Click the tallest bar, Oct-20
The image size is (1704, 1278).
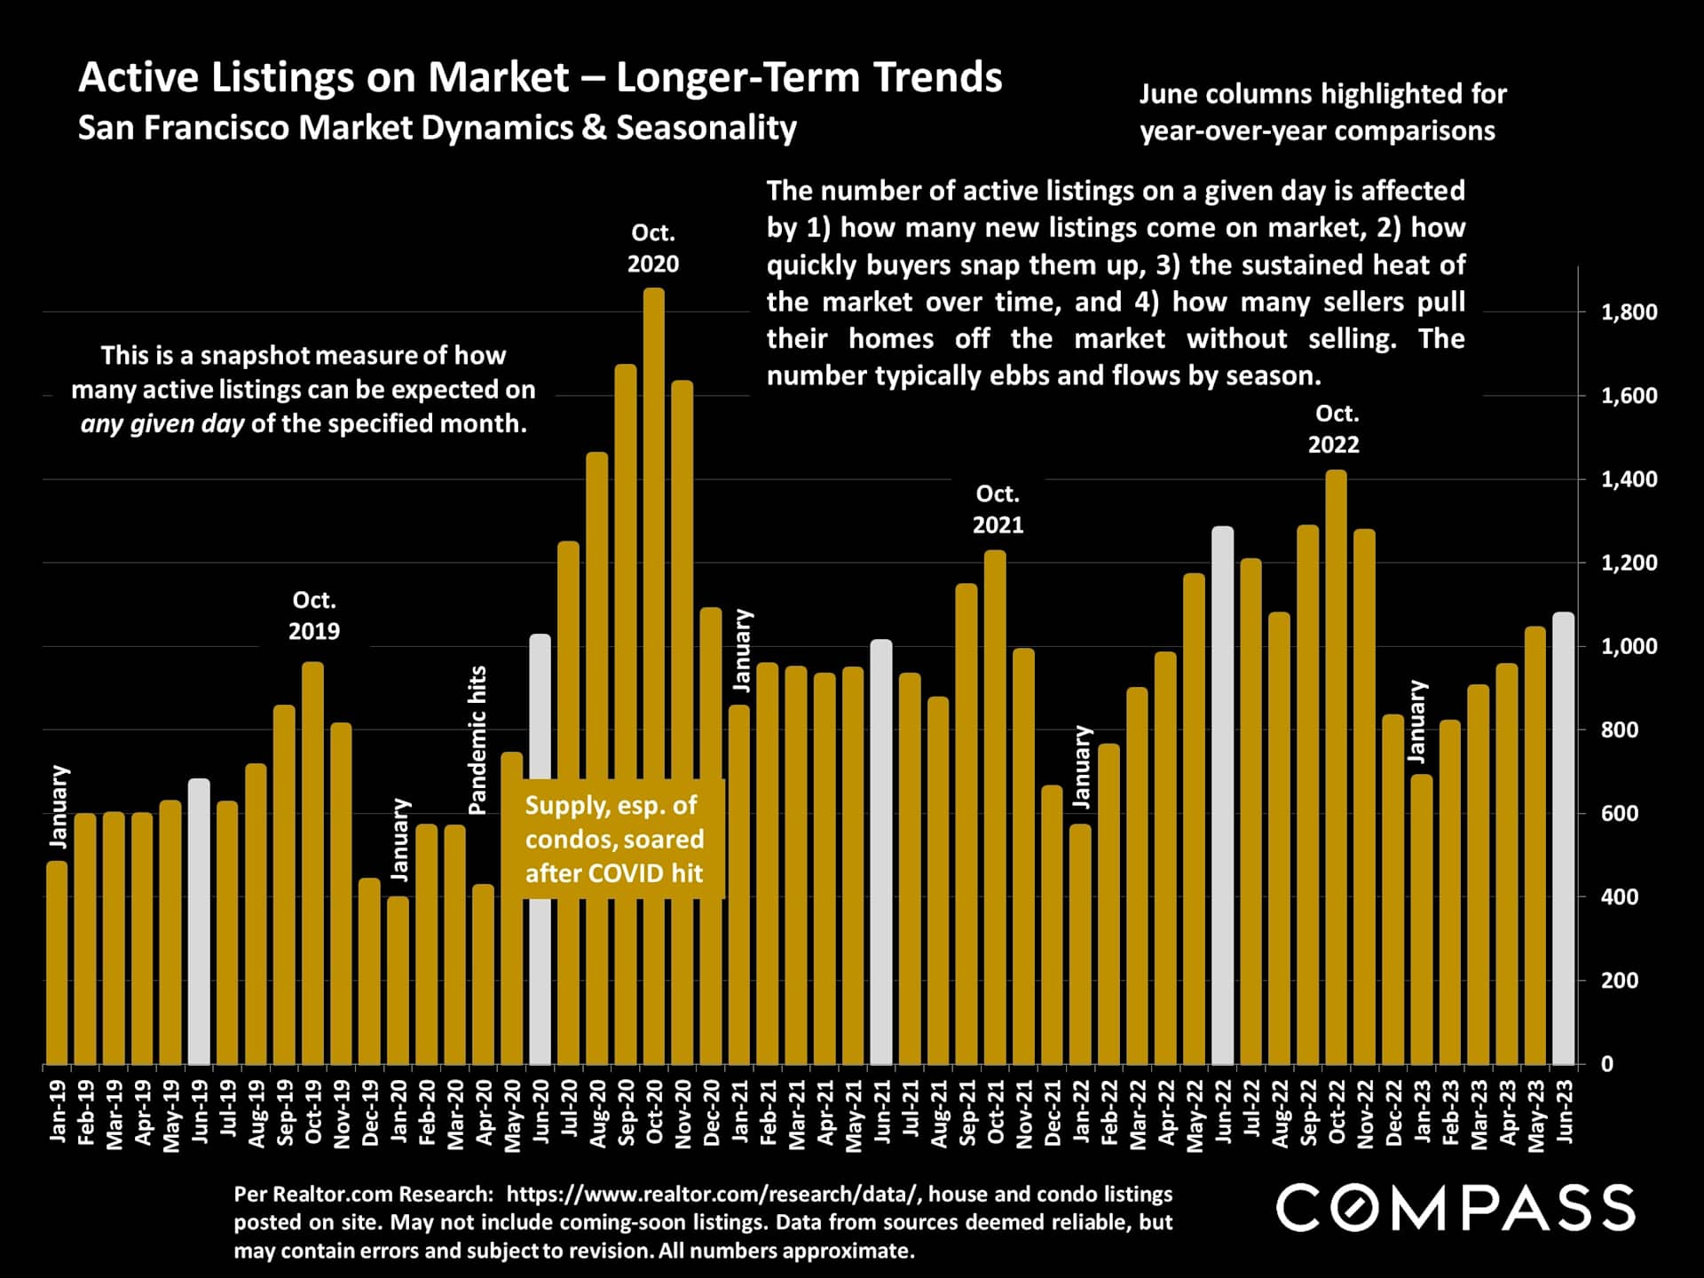(653, 674)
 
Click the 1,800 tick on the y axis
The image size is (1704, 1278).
(1629, 312)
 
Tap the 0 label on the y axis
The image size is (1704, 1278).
(1607, 1064)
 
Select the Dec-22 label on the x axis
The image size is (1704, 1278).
(1393, 1113)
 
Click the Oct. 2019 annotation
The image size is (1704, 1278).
(313, 616)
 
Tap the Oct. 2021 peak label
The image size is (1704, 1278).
(998, 509)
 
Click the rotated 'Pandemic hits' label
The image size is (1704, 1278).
(477, 740)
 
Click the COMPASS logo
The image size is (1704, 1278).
(1455, 1208)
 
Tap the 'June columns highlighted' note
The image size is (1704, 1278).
(1322, 112)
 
